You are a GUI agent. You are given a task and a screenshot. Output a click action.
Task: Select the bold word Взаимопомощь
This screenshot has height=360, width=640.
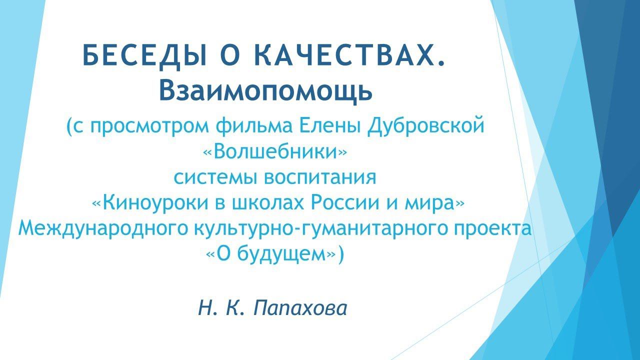point(266,90)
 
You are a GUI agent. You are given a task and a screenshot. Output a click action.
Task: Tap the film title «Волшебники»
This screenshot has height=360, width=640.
point(275,151)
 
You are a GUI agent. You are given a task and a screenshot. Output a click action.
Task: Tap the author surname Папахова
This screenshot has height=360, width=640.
point(300,308)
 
